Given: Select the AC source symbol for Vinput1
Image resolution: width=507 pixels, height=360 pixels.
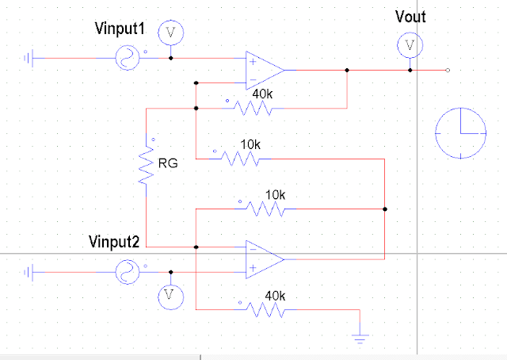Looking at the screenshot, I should coord(128,57).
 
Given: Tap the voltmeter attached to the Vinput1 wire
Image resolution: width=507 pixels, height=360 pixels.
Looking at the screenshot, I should coord(170,33).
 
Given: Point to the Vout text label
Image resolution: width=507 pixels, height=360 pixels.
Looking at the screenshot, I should coord(410,17).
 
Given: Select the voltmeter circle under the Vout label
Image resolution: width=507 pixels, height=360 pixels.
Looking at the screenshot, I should coord(409,46).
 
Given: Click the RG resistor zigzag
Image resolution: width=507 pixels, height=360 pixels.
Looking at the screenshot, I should coord(146,163).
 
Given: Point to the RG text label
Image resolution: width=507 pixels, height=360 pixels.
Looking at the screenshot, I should coord(168,164).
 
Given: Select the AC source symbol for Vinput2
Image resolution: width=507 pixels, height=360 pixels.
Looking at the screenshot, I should coord(128,271).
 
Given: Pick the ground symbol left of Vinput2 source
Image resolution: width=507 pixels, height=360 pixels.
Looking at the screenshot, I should coord(28,272).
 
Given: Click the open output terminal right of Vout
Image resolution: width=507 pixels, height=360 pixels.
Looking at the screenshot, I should coord(448,71).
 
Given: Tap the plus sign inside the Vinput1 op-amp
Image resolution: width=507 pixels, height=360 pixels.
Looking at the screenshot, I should coord(252,61).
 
